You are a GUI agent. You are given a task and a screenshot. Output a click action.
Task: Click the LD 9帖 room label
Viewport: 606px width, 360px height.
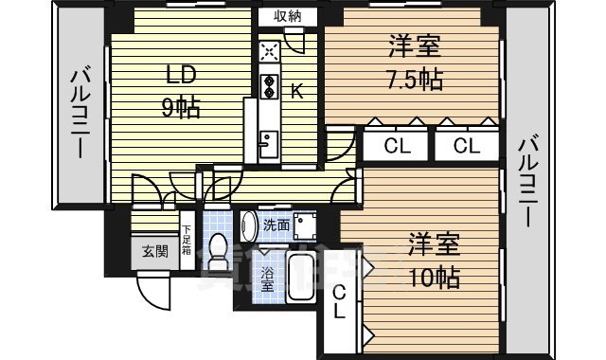coord(181,91)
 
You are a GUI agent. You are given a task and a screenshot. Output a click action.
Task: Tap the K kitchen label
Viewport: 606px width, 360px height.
coord(296,91)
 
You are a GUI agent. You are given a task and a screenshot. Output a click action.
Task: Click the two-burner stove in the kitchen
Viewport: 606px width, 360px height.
coord(268,86)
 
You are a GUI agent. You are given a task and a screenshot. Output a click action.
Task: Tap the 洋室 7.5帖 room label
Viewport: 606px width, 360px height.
coord(415,61)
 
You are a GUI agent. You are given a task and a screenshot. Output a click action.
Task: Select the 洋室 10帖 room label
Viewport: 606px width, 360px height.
coord(436,260)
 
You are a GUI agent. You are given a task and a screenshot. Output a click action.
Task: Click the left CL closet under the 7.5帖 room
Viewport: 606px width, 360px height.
coord(396,145)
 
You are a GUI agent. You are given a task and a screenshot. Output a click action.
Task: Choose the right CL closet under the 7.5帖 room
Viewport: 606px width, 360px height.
coord(464,145)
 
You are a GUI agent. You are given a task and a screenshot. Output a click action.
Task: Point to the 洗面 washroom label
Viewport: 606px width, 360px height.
coord(276,225)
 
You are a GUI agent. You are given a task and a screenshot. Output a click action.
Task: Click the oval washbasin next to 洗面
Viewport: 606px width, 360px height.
coord(249,225)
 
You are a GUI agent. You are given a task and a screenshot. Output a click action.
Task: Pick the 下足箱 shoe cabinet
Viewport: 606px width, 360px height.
coord(187,241)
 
